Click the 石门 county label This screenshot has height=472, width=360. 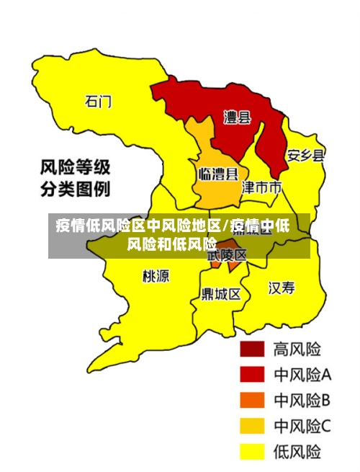click(x=99, y=102)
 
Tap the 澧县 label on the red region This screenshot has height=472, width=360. click(x=237, y=117)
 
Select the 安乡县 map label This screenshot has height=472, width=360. click(x=306, y=155)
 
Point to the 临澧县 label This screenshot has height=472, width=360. click(x=218, y=174)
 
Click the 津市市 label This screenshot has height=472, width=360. click(x=261, y=188)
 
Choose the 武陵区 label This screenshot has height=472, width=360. click(x=227, y=254)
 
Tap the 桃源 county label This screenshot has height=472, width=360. click(x=156, y=275)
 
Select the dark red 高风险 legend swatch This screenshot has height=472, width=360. click(x=252, y=349)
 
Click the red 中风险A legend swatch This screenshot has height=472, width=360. click(x=252, y=375)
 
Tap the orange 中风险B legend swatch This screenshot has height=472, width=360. click(x=252, y=401)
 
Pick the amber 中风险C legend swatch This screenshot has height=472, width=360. click(x=252, y=426)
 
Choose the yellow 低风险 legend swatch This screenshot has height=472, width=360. click(x=252, y=452)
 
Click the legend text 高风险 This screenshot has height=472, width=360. click(x=297, y=349)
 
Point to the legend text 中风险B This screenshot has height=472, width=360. click(x=302, y=401)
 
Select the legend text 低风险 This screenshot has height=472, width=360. click(x=297, y=452)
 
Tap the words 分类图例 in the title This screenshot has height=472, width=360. click(x=75, y=190)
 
